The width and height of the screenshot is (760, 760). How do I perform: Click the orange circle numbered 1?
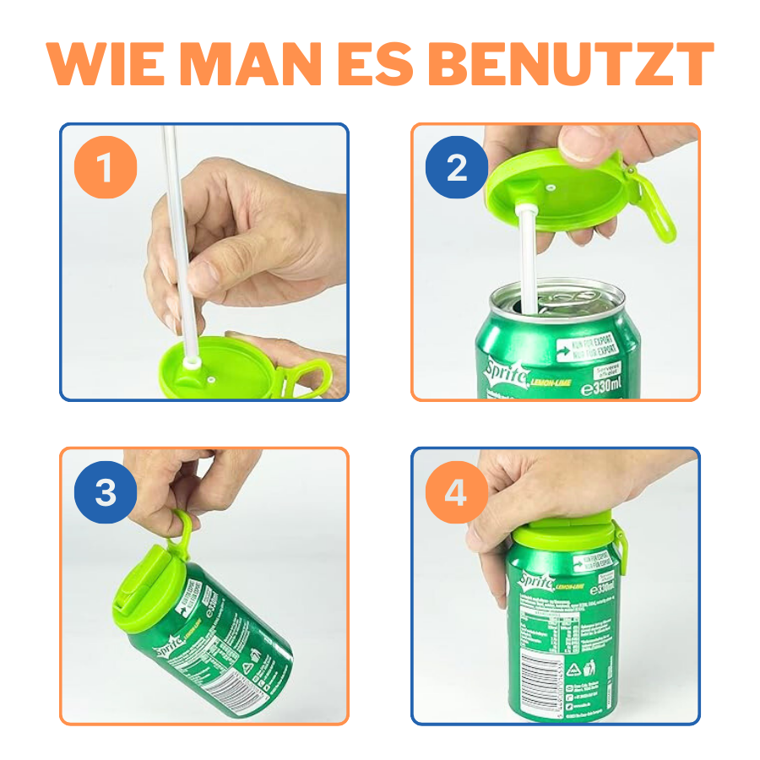[x=105, y=167]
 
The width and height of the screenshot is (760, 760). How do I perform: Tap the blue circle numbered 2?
[x=457, y=167]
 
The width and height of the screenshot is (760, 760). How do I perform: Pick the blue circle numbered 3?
[x=105, y=492]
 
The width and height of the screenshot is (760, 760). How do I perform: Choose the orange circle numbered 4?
[x=457, y=492]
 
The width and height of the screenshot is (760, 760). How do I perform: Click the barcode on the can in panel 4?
[x=540, y=676]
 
